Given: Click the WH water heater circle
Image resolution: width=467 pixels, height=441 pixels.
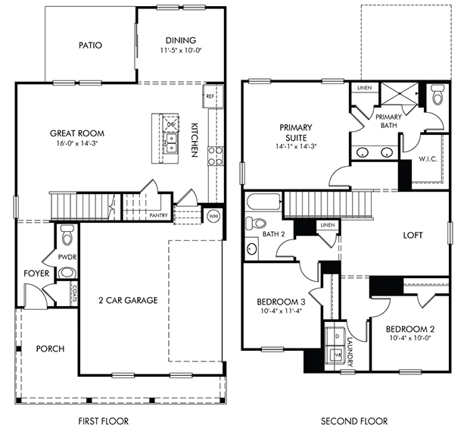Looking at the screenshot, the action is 213,216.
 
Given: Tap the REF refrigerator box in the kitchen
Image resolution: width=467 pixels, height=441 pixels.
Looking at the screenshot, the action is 213,96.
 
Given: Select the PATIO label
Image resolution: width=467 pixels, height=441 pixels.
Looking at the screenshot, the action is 90,45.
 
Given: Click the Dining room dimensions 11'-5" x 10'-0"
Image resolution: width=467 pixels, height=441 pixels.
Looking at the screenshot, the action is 181,50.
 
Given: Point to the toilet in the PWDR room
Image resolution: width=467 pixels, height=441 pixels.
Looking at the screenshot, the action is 67,235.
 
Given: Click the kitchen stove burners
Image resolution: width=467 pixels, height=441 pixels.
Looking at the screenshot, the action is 215,155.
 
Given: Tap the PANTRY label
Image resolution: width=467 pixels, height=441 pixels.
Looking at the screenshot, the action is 158,215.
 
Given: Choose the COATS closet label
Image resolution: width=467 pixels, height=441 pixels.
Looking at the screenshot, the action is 74,294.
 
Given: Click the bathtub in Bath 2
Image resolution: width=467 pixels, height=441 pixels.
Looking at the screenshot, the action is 263,203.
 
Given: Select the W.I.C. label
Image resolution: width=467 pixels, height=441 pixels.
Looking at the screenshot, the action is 428,159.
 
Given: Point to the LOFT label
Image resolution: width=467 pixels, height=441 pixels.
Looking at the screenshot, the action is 413,235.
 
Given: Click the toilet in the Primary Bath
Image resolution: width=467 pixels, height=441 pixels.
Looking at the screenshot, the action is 437,94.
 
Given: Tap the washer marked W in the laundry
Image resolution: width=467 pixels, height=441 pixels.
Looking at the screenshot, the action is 335,355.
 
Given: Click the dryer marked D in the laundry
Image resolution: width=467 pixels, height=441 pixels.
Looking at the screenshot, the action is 335,336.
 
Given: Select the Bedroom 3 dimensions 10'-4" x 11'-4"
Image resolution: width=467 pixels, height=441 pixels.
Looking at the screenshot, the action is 281,311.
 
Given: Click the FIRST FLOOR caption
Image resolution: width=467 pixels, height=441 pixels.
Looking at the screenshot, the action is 104,421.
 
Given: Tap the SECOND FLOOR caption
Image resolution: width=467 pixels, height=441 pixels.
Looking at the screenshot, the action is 354,421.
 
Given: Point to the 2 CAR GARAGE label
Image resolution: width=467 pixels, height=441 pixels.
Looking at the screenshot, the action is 128,300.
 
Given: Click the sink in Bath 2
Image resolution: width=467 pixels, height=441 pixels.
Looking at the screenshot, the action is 252,249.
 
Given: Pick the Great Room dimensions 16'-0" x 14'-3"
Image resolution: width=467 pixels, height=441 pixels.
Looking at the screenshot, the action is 77,143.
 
